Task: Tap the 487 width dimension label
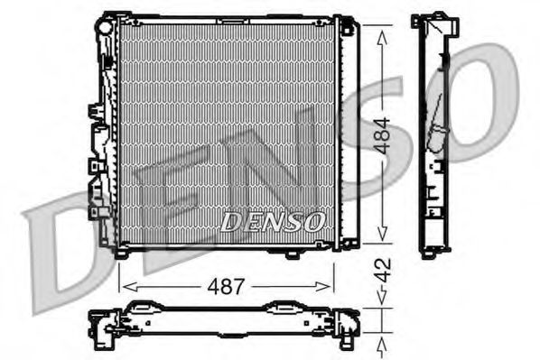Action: (227, 287)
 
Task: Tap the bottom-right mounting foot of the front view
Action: (291, 254)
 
